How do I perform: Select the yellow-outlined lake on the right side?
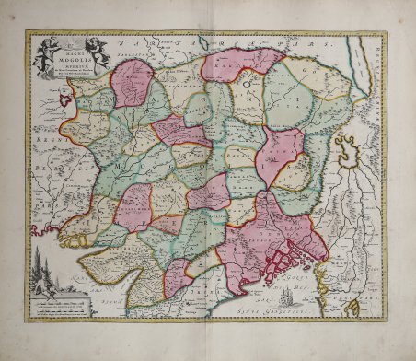pyautogui.click(x=346, y=147)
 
